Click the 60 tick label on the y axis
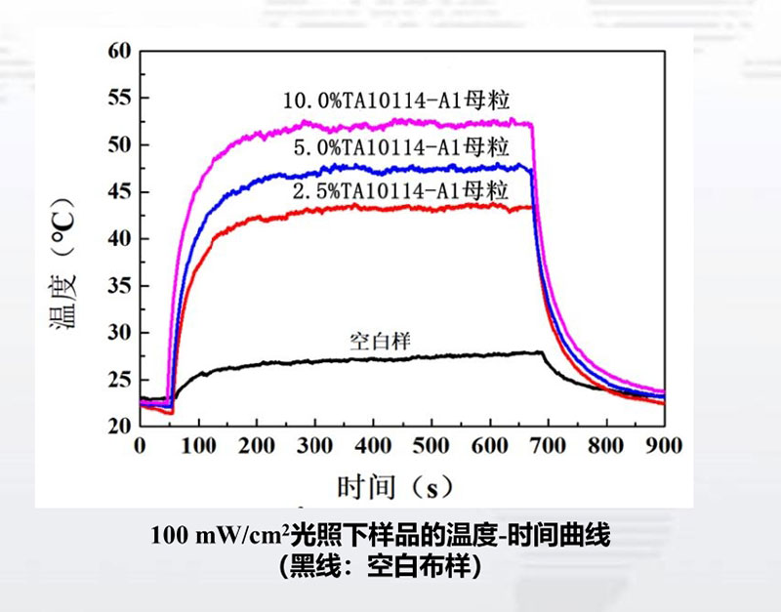pyautogui.click(x=118, y=51)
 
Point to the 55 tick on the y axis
pyautogui.click(x=118, y=98)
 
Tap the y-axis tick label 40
pyautogui.click(x=118, y=238)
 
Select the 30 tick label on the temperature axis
pyautogui.click(x=118, y=332)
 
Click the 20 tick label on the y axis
pyautogui.click(x=118, y=426)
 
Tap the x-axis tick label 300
pyautogui.click(x=314, y=446)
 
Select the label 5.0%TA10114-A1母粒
pyautogui.click(x=401, y=146)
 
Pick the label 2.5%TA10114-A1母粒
pyautogui.click(x=401, y=189)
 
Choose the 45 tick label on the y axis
pyautogui.click(x=118, y=191)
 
